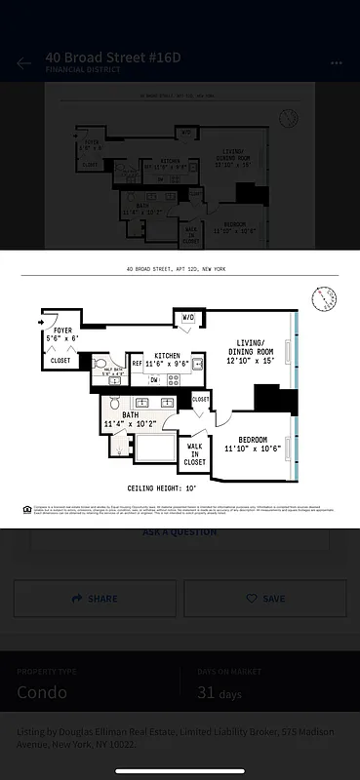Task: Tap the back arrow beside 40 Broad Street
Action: pos(24,63)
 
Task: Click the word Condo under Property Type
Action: pos(42,692)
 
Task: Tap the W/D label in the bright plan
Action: pos(187,317)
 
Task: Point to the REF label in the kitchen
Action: pos(137,364)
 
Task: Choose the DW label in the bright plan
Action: pos(154,380)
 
